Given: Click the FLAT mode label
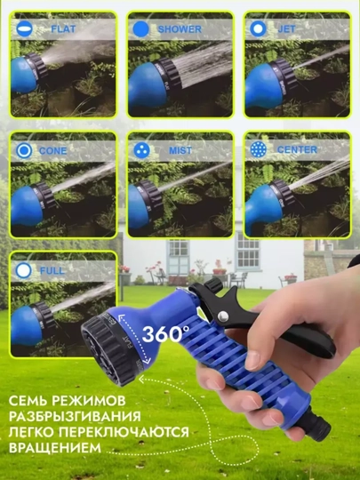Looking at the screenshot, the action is coord(63,29).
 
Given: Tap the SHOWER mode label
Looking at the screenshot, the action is coord(180,29).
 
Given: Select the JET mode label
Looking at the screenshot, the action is coord(287,28).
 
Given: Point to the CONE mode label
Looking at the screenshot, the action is coord(53,150).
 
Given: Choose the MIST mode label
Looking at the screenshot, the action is coord(180,150).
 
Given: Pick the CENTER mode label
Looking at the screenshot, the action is coord(297,149).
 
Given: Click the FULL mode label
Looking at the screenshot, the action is coord(52,270).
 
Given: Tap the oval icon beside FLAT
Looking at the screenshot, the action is coord(24,29).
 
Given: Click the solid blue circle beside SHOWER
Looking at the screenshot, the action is coord(140,29).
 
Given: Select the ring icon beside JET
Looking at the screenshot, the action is coord(258,28).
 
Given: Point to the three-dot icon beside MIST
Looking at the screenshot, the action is coord(141,150).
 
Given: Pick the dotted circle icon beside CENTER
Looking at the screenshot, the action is coord(259,149).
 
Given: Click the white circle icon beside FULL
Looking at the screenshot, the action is coord(24,270).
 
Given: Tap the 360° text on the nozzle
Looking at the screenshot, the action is coord(165,333).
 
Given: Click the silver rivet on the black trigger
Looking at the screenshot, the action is coord(223,316).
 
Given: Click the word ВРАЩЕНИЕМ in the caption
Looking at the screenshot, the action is coord(55,447).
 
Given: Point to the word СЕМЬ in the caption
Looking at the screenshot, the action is coord(28,400).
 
